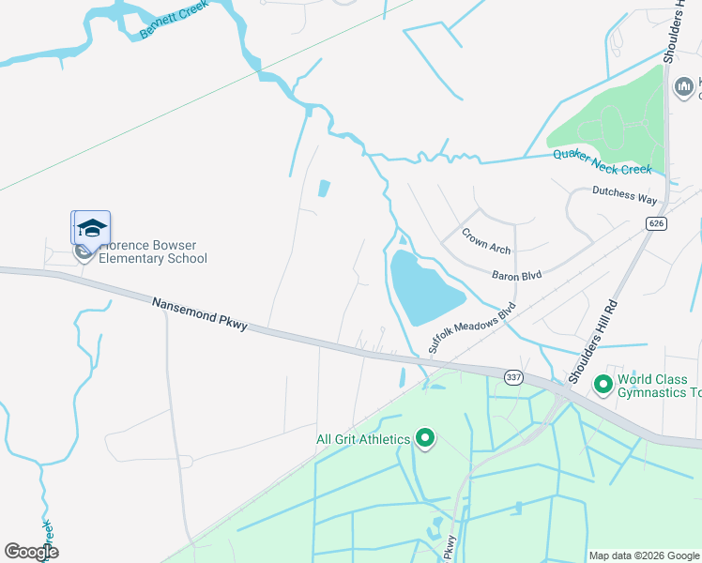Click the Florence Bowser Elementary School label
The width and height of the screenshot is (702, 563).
click(152, 251)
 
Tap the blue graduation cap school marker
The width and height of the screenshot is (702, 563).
click(92, 228)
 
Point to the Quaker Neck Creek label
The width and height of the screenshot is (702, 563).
click(602, 162)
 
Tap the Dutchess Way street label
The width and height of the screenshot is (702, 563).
click(624, 198)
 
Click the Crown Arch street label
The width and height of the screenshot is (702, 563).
click(486, 239)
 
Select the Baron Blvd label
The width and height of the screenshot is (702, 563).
click(518, 276)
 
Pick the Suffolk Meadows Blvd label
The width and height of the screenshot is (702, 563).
click(472, 327)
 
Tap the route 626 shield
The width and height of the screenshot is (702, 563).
click(655, 223)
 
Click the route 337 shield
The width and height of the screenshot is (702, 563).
click(512, 377)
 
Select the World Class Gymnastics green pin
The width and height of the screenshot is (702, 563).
click(603, 384)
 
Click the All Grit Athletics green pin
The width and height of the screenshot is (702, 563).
click(425, 438)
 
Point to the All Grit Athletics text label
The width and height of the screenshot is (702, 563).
click(362, 439)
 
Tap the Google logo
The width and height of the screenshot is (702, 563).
click(31, 552)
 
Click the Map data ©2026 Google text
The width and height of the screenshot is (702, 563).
click(644, 555)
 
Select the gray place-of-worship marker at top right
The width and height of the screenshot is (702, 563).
click(684, 87)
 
